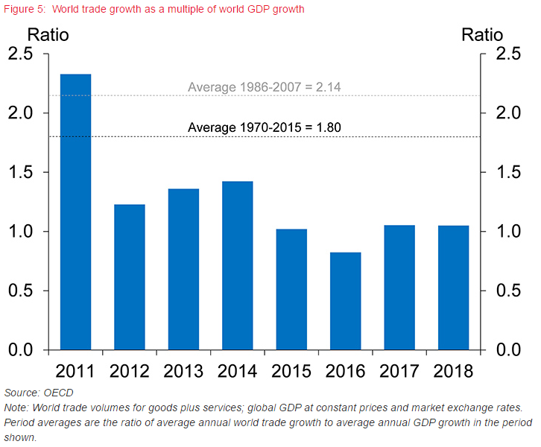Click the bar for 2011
(75, 212)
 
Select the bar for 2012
(129, 276)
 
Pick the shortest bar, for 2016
(345, 301)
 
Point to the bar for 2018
(453, 288)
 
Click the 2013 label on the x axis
(183, 370)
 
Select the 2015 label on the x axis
(291, 370)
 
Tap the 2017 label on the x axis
(399, 370)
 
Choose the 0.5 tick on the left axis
(21, 291)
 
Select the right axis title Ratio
(482, 34)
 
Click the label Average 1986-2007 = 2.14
(265, 87)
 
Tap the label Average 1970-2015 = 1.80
(265, 127)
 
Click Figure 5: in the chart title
(25, 9)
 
